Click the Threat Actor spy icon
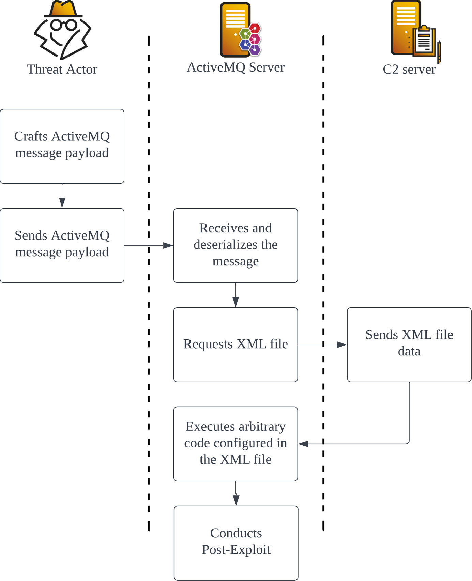click(x=62, y=31)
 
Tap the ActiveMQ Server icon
click(x=240, y=30)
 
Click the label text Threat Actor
click(x=62, y=70)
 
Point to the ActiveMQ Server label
click(x=235, y=67)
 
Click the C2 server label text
click(x=409, y=70)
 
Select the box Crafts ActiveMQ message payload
click(x=62, y=146)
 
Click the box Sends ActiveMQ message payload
click(x=62, y=245)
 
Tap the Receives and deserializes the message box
click(x=235, y=245)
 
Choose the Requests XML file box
click(x=235, y=345)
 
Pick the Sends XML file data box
click(x=409, y=345)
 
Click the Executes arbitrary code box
click(x=235, y=444)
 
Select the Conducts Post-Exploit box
click(x=236, y=542)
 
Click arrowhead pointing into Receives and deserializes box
click(x=168, y=245)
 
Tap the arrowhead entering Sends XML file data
click(x=342, y=345)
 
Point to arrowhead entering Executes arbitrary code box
click(x=303, y=444)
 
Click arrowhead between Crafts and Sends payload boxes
click(x=62, y=203)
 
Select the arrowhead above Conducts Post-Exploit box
click(x=236, y=500)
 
